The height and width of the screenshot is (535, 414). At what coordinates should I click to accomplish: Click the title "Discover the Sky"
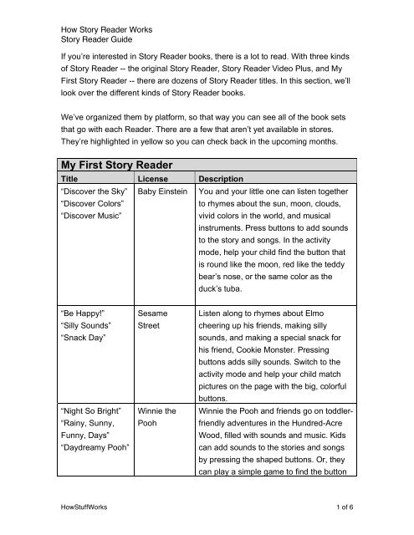coord(95,217)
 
